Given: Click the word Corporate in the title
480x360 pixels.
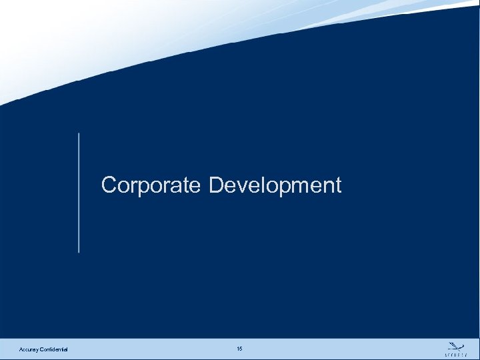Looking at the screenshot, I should pos(150,185).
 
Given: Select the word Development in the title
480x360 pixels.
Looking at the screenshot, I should pos(275,185).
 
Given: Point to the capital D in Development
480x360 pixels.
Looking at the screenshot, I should pos(217,185).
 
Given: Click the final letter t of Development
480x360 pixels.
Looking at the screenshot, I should pos(337,185).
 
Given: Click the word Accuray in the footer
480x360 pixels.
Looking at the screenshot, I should pos(30,350).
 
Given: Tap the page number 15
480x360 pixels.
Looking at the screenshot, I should pos(239,349).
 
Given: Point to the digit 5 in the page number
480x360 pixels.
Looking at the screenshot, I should pos(241,349).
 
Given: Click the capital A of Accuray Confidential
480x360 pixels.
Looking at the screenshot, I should pos(21,350).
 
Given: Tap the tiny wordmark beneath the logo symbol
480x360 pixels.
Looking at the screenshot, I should pos(456,353).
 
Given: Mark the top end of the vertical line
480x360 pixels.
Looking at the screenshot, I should pos(79,134).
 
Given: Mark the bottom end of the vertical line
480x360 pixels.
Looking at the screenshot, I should pos(79,252).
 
